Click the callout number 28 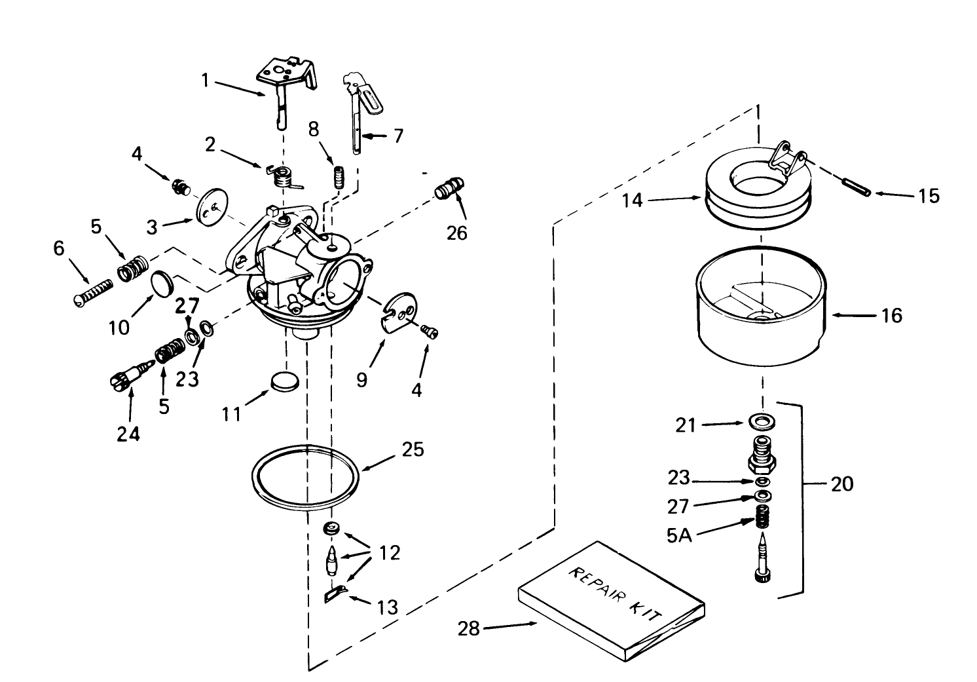click(468, 629)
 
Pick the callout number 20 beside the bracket click(842, 484)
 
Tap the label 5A click(679, 535)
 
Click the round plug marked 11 click(285, 382)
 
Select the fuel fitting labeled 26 click(449, 189)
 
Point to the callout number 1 click(205, 81)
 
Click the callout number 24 click(128, 433)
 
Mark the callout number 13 click(388, 607)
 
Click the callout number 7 click(397, 136)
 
